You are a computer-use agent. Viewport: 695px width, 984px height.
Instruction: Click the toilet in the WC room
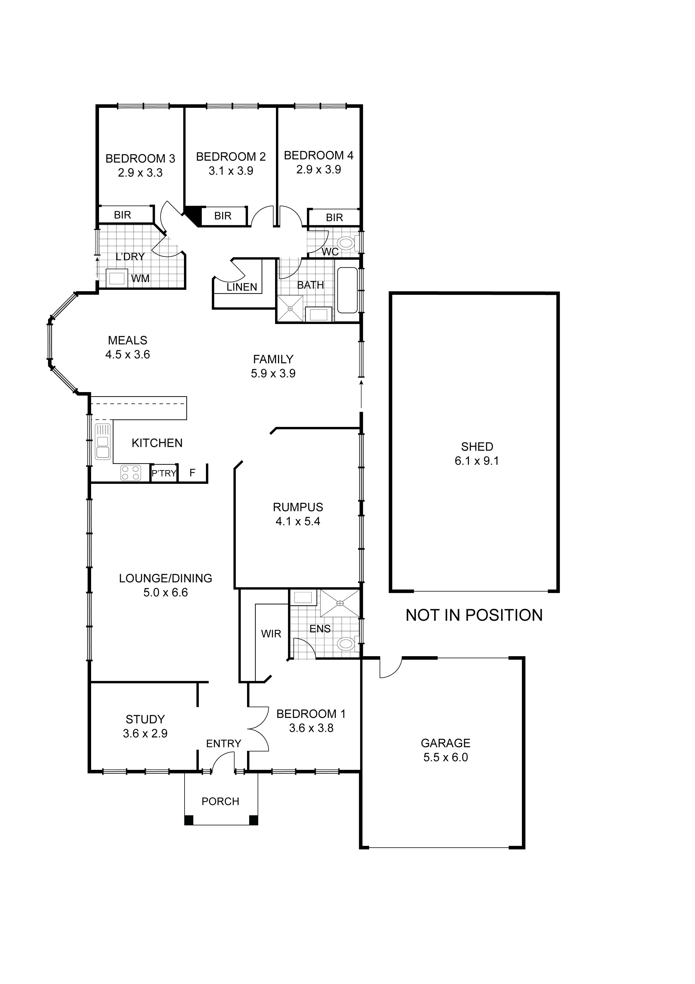click(347, 244)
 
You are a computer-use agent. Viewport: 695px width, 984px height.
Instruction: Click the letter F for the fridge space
click(192, 473)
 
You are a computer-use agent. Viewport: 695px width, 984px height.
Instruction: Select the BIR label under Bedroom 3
click(123, 215)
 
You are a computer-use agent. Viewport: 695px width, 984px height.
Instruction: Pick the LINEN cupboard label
click(242, 287)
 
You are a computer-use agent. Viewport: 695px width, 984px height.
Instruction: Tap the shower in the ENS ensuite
click(340, 603)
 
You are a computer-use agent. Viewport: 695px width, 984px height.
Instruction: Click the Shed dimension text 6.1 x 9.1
click(477, 461)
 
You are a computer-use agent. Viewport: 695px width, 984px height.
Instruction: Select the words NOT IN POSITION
click(474, 615)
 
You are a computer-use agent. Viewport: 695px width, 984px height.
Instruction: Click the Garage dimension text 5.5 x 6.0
click(445, 757)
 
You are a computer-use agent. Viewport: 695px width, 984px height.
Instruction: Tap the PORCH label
click(220, 801)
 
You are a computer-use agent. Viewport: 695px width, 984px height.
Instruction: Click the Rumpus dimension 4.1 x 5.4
click(298, 522)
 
